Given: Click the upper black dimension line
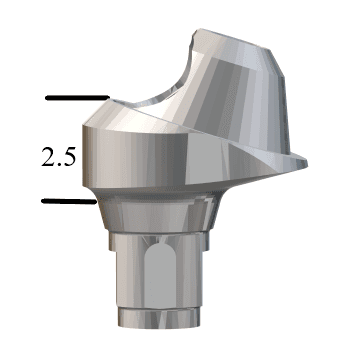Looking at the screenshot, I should click(x=76, y=98).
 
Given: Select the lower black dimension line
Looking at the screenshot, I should click(x=70, y=200).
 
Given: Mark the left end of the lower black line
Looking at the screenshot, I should click(x=44, y=200).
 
